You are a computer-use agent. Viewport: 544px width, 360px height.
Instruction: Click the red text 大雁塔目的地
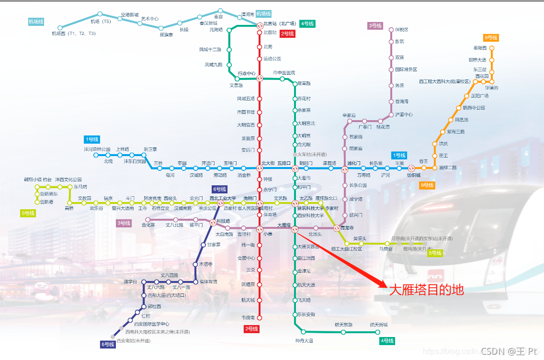(x=426, y=290)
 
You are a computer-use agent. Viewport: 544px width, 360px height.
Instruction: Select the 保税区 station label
(x=401, y=30)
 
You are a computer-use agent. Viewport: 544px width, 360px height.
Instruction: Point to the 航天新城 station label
(x=378, y=325)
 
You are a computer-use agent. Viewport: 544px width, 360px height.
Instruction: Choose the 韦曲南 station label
(x=248, y=317)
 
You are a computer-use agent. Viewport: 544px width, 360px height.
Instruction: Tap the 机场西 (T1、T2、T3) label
(x=74, y=34)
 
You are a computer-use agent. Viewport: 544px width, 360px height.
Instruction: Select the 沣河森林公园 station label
(x=97, y=149)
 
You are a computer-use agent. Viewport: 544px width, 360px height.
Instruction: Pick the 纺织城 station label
(x=413, y=175)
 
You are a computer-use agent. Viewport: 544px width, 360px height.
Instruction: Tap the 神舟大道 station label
(x=304, y=340)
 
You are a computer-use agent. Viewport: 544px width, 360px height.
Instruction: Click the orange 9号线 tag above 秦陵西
(x=491, y=38)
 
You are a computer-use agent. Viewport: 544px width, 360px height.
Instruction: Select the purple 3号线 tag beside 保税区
(x=375, y=26)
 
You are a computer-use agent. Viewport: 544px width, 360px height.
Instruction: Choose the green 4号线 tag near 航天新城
(x=387, y=341)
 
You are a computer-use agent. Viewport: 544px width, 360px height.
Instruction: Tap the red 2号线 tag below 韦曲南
(x=251, y=329)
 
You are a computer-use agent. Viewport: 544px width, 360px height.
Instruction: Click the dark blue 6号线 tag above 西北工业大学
(x=219, y=189)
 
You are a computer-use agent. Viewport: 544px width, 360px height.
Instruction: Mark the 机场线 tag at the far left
(x=36, y=22)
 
